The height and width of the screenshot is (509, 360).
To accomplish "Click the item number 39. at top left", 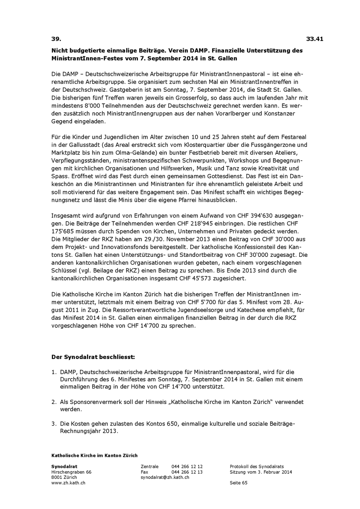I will click(56, 39).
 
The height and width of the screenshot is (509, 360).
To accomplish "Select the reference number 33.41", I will click(315, 39).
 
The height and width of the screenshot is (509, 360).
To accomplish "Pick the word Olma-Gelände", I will click(135, 153).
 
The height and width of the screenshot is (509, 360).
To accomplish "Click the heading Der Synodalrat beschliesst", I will click(93, 357).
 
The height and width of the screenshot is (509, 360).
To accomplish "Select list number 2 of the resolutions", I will click(54, 402).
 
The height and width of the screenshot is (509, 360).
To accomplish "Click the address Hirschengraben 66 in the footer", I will click(71, 472).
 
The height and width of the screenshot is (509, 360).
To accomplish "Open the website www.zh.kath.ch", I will click(68, 483).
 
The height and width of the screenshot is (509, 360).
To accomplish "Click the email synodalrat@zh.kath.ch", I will click(165, 477).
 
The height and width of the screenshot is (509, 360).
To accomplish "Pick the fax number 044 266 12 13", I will click(187, 472).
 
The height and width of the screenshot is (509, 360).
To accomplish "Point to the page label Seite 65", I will click(238, 483).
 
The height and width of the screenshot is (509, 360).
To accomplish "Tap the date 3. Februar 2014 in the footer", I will click(275, 472).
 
